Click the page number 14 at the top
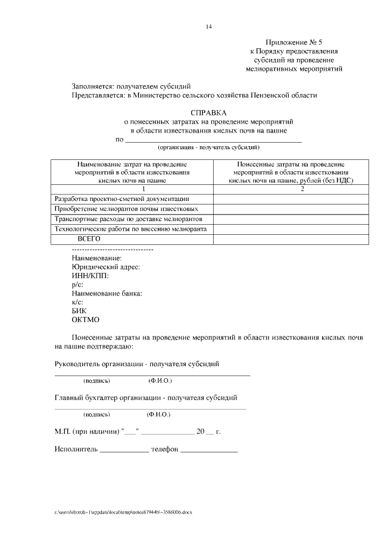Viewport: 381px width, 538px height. tap(209, 27)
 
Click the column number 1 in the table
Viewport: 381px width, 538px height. tap(132, 188)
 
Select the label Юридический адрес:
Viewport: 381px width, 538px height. tap(105, 268)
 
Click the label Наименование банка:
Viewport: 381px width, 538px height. tap(107, 294)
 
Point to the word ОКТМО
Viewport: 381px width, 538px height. tap(85, 320)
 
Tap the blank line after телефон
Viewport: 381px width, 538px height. tap(209, 449)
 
